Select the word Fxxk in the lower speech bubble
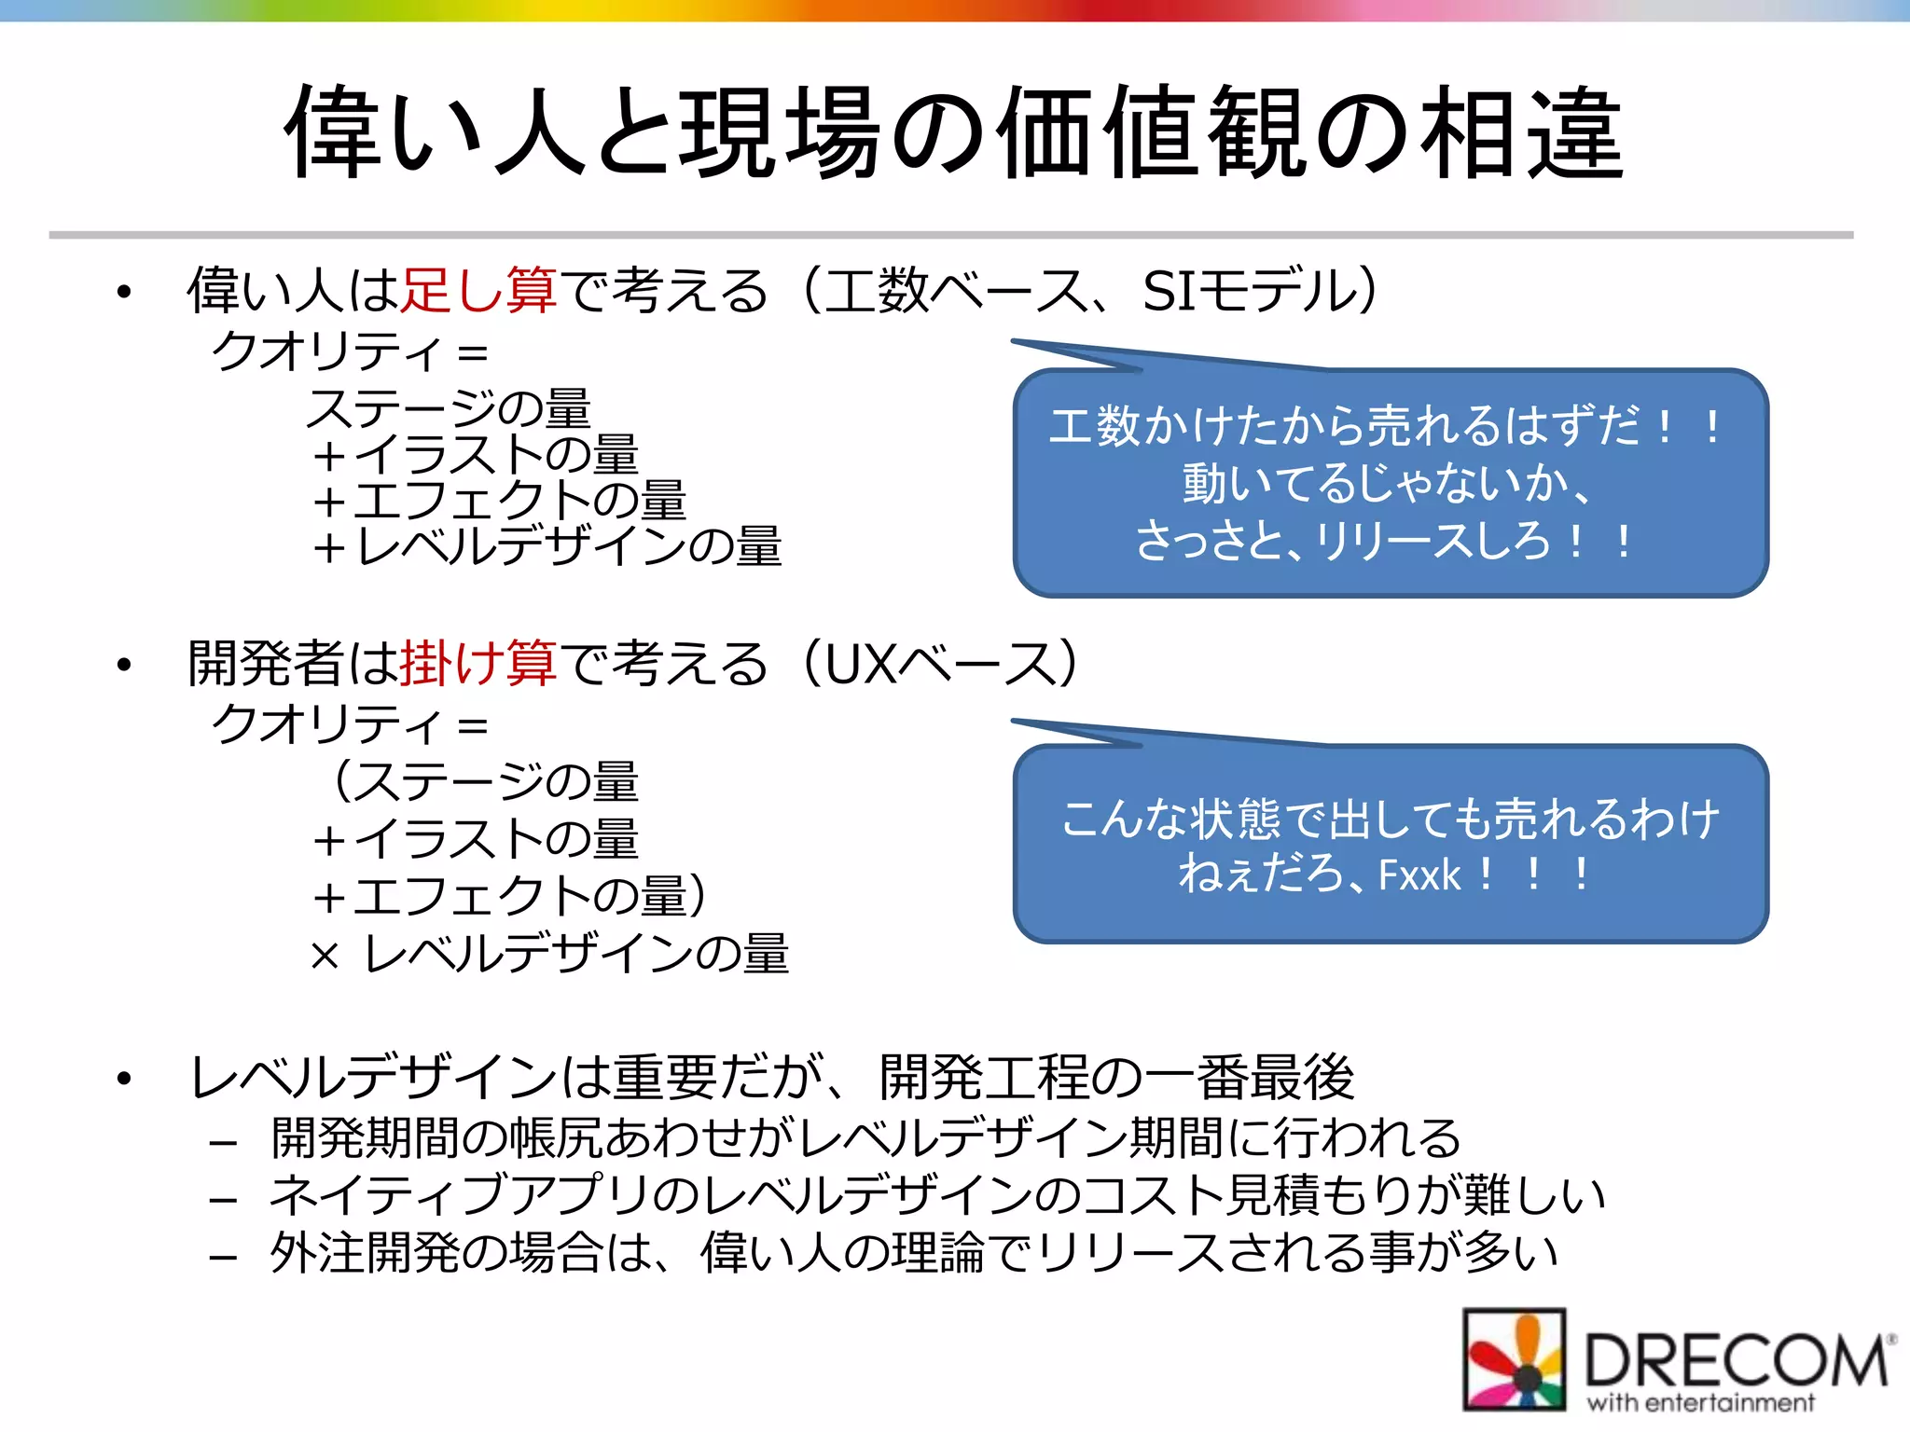pos(1419,875)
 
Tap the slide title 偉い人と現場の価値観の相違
pos(953,132)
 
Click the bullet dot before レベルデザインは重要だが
pos(124,1079)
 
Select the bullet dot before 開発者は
pos(124,665)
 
